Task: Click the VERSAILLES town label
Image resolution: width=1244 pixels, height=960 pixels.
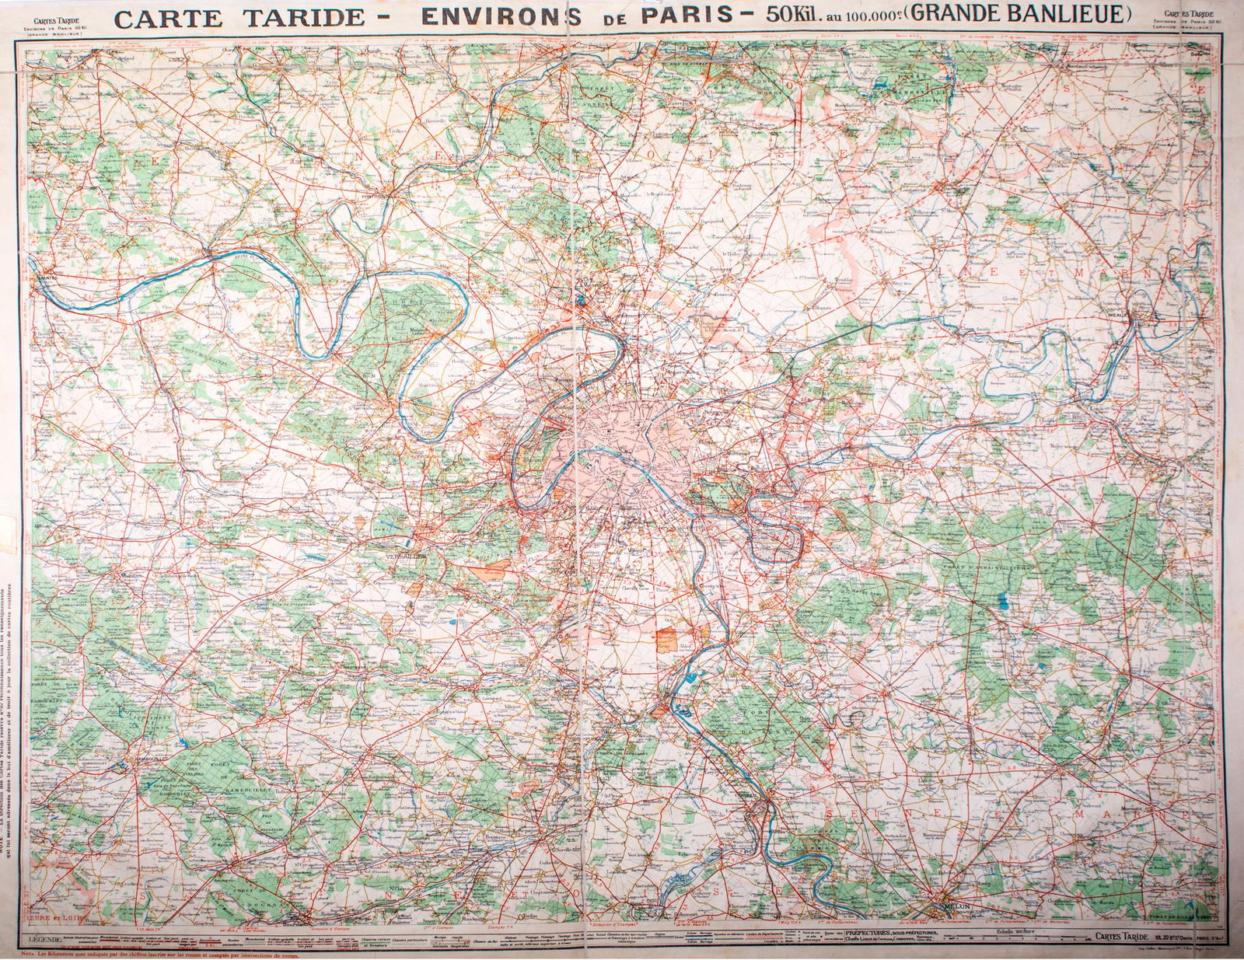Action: [405, 557]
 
